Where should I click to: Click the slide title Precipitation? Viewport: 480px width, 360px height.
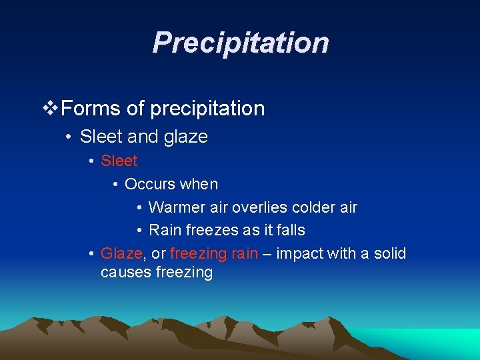point(240,43)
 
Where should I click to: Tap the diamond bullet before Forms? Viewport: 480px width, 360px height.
point(50,108)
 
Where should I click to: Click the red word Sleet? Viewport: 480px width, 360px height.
point(119,161)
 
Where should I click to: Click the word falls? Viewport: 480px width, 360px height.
point(288,230)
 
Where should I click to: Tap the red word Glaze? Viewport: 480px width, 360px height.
point(121,253)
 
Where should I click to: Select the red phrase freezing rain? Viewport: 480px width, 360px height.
point(213,253)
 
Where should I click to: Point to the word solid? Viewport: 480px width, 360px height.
point(387,253)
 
